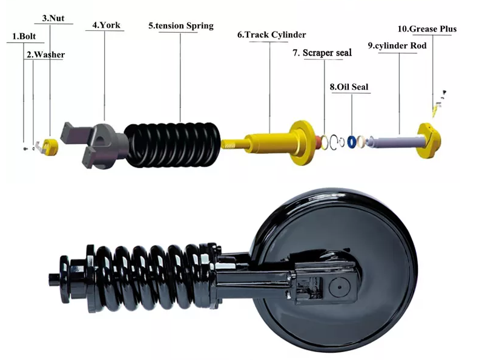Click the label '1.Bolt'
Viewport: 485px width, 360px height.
tap(24, 36)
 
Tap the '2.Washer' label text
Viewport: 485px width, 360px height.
tap(45, 54)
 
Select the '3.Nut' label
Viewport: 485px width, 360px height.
tap(53, 18)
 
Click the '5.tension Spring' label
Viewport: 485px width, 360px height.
tap(180, 26)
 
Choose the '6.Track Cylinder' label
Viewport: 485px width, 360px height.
tap(271, 35)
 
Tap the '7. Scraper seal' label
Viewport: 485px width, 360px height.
tap(322, 53)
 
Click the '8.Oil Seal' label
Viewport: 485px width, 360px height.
tap(349, 87)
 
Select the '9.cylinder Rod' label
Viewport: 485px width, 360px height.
tap(397, 45)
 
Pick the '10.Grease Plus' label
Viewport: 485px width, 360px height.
tap(427, 28)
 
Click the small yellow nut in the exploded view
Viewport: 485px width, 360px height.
tap(51, 145)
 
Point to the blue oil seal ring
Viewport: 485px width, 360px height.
tap(351, 142)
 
